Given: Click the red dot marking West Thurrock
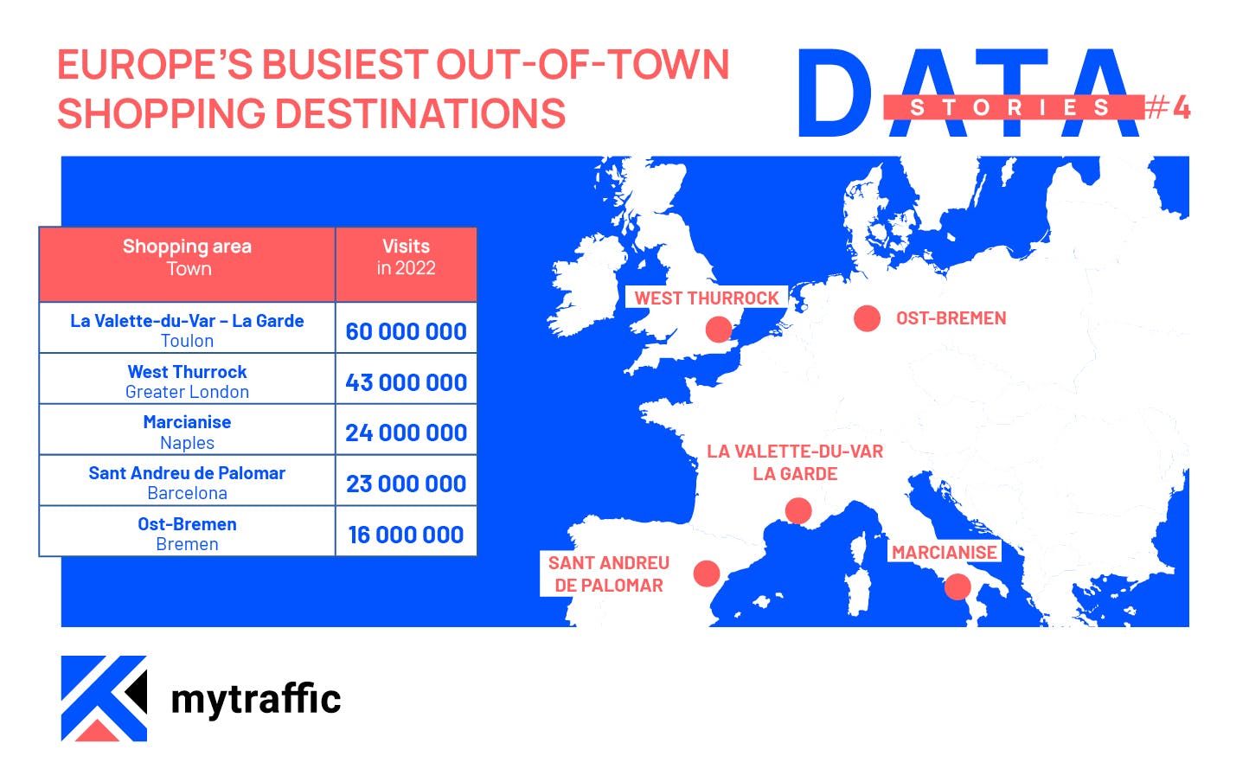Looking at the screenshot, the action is click(718, 329).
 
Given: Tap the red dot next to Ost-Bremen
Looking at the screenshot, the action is click(867, 318).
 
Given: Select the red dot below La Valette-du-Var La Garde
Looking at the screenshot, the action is click(797, 511).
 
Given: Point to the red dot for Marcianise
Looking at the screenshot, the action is click(958, 586).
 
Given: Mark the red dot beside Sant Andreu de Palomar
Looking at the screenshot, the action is click(707, 574).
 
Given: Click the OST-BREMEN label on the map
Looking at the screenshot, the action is click(951, 318).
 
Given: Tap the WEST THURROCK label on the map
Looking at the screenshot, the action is click(707, 298).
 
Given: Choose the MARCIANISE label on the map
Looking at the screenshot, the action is click(944, 553).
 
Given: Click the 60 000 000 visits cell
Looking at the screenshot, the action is click(406, 331).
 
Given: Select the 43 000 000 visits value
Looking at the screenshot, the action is click(406, 382).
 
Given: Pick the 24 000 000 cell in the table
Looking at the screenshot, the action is click(406, 433).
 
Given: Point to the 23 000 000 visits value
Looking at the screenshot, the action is click(406, 484).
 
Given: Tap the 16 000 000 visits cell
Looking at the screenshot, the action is click(406, 535).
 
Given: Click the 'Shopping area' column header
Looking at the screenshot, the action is click(187, 247).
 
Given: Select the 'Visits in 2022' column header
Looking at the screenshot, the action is click(406, 257).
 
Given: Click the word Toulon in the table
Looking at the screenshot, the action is click(187, 341).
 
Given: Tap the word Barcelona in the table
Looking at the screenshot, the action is click(187, 493).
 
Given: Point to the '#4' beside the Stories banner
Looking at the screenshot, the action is click(1169, 107).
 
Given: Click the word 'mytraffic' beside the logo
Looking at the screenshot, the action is click(256, 699).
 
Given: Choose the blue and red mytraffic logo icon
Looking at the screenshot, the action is click(104, 698).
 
